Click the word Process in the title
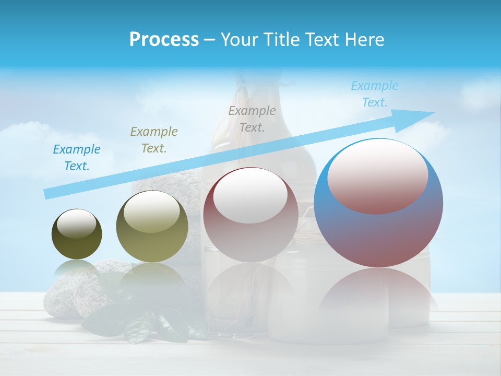[164, 40]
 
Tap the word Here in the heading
[364, 40]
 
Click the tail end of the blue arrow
[46, 194]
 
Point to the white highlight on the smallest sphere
[76, 223]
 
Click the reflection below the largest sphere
[378, 292]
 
